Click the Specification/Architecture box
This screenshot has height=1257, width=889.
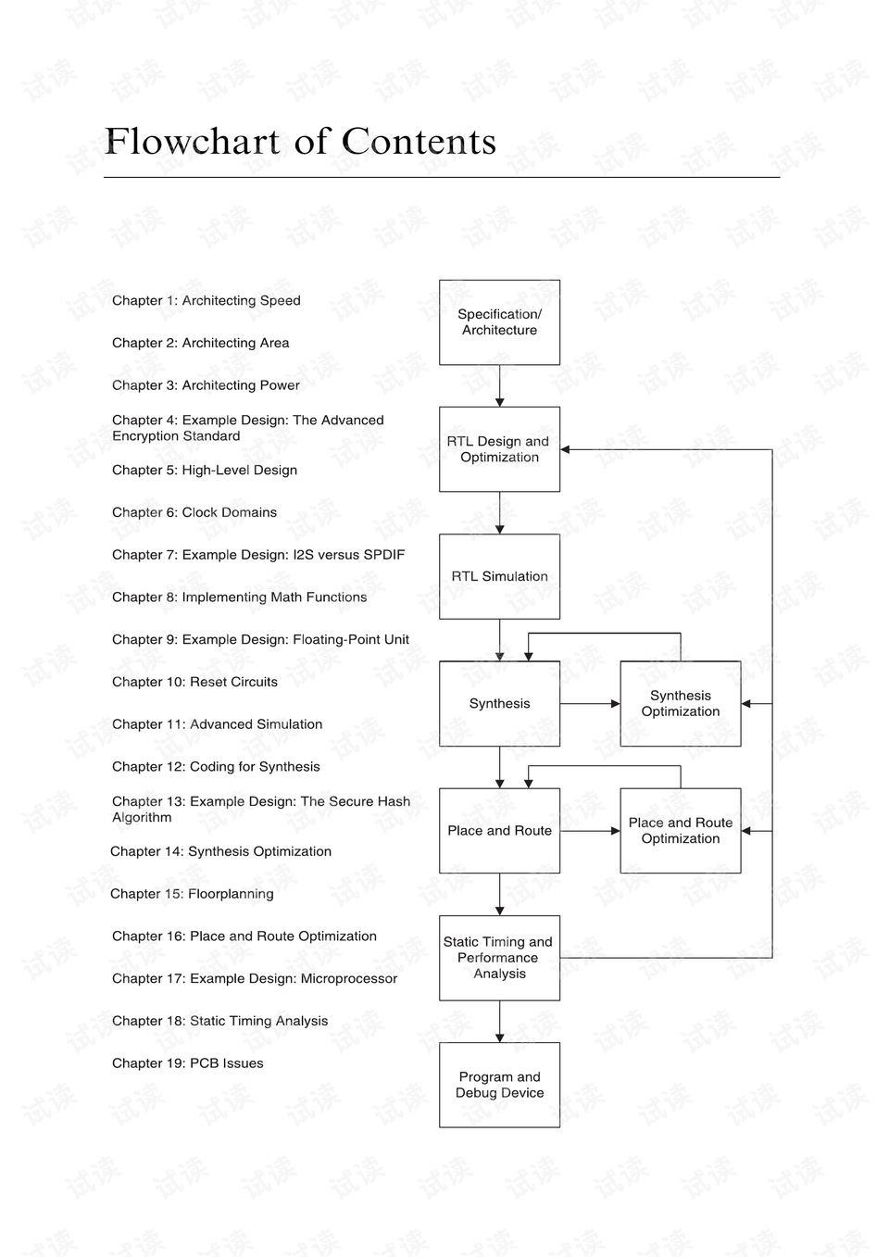(x=499, y=322)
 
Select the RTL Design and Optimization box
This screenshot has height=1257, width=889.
(x=499, y=449)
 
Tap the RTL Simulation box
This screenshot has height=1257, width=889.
(x=499, y=576)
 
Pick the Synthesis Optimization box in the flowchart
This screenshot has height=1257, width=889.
(x=681, y=704)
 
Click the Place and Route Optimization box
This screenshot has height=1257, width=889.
(x=681, y=831)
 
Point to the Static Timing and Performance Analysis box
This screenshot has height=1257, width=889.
(x=499, y=958)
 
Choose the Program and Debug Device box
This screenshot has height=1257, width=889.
(x=499, y=1085)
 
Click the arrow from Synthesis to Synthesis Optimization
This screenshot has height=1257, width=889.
(x=590, y=704)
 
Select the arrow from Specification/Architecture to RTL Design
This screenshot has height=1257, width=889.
(x=500, y=386)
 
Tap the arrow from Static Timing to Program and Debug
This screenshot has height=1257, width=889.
(x=500, y=1022)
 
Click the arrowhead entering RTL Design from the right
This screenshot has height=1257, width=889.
(x=566, y=449)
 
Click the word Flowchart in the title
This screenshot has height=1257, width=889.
(x=193, y=141)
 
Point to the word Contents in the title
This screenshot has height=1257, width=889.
(x=419, y=141)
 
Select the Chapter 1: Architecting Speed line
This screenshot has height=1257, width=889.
(x=207, y=301)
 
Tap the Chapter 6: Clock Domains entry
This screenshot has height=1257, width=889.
(x=194, y=512)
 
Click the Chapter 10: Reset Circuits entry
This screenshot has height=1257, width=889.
(x=194, y=682)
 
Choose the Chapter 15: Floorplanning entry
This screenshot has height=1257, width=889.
(x=192, y=894)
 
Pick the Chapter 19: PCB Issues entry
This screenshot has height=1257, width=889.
(x=187, y=1063)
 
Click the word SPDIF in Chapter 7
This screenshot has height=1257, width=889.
(x=383, y=555)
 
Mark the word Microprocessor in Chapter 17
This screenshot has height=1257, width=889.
(x=349, y=979)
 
